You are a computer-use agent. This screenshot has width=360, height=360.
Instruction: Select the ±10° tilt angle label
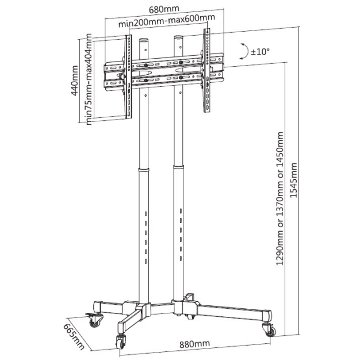pos(260,51)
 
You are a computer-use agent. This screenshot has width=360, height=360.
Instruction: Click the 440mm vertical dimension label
pos(74,82)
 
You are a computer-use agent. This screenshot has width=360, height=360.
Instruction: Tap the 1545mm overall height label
pos(295,180)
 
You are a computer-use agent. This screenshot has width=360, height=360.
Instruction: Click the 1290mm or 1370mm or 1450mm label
pos(280,199)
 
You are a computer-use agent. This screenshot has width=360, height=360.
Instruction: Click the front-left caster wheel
pos(122,340)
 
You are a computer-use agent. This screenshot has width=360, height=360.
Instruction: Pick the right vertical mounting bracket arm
pos(205,73)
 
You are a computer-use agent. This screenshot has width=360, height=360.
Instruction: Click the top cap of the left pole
pos(144,41)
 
